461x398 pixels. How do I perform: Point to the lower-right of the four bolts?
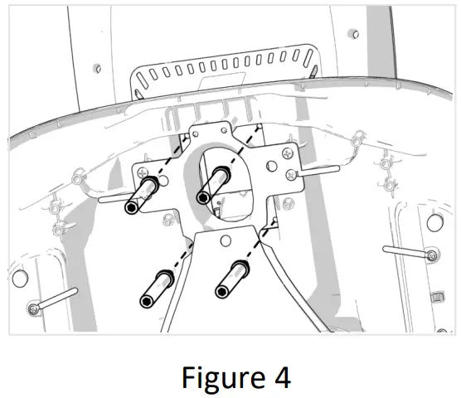(231, 279)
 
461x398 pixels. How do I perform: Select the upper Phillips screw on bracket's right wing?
(286, 150)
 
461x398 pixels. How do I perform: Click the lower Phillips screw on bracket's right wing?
(290, 175)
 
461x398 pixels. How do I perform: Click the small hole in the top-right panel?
(352, 34)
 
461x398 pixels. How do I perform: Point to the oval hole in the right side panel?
(434, 221)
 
